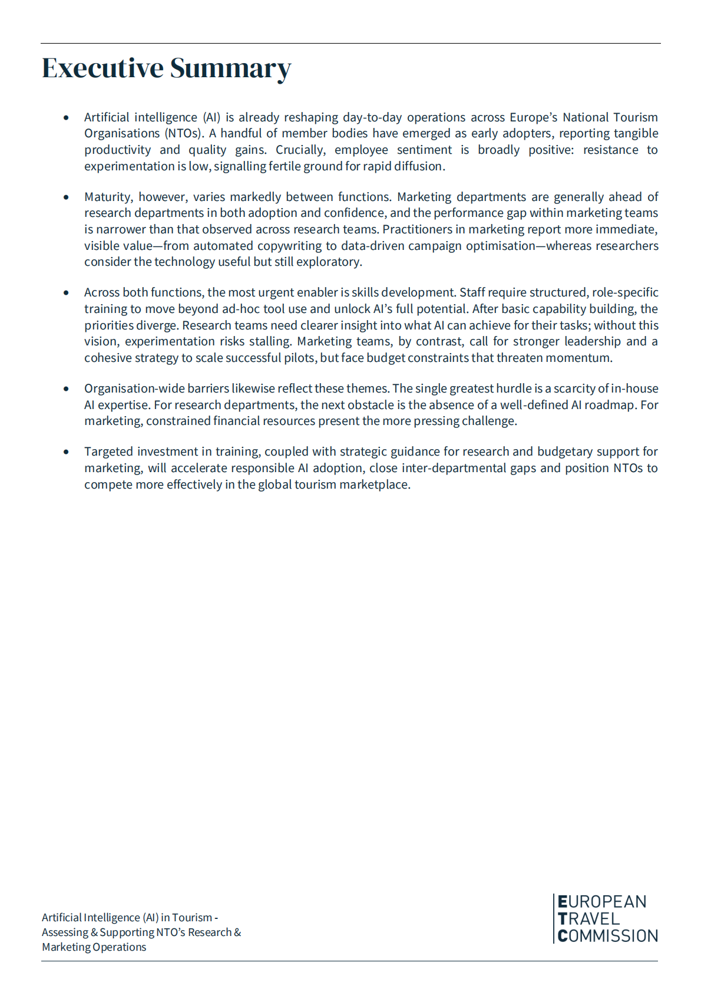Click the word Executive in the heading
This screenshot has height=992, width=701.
[102, 68]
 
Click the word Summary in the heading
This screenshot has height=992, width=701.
[230, 69]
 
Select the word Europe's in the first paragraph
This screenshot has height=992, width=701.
[533, 117]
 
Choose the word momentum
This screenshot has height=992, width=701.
[583, 358]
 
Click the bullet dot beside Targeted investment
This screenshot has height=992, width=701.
[66, 452]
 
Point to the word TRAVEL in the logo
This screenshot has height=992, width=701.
[588, 919]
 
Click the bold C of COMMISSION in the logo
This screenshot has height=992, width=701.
[563, 936]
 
